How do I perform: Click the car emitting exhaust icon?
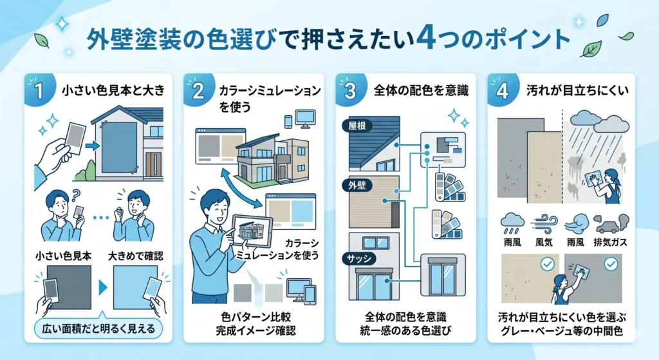pos(609,224)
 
